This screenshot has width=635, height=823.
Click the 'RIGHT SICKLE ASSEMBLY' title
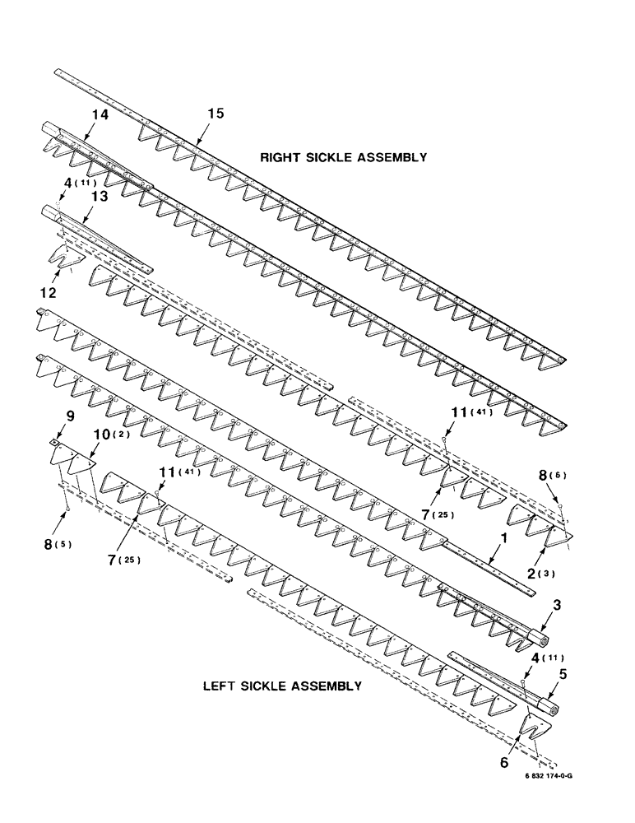343,157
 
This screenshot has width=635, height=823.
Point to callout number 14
100,118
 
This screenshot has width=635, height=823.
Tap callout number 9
71,416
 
